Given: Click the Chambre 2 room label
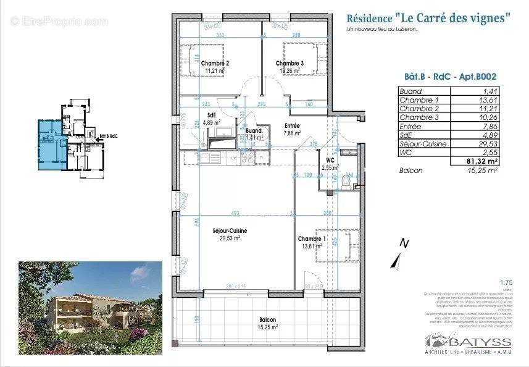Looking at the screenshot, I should click(219, 64).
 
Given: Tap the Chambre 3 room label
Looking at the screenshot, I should click(289, 64).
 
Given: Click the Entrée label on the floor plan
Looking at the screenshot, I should click(291, 125).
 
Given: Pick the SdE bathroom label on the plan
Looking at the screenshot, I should click(211, 114).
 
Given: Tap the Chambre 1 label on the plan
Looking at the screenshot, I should click(312, 239).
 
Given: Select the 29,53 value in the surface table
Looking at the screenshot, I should click(485, 144).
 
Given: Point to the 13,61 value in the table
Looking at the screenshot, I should click(485, 100).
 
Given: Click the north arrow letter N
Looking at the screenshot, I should click(404, 243).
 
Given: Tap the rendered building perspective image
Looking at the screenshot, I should click(90, 295).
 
